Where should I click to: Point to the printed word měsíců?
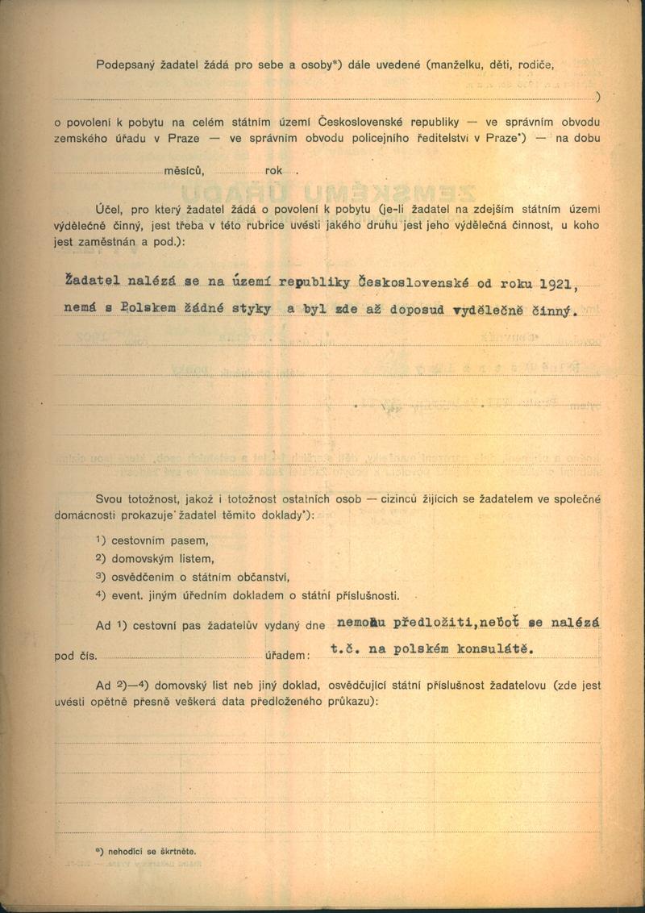coord(185,170)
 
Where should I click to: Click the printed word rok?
coord(273,170)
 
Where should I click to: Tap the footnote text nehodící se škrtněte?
coord(150,851)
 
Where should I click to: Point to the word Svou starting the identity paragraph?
coord(109,498)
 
